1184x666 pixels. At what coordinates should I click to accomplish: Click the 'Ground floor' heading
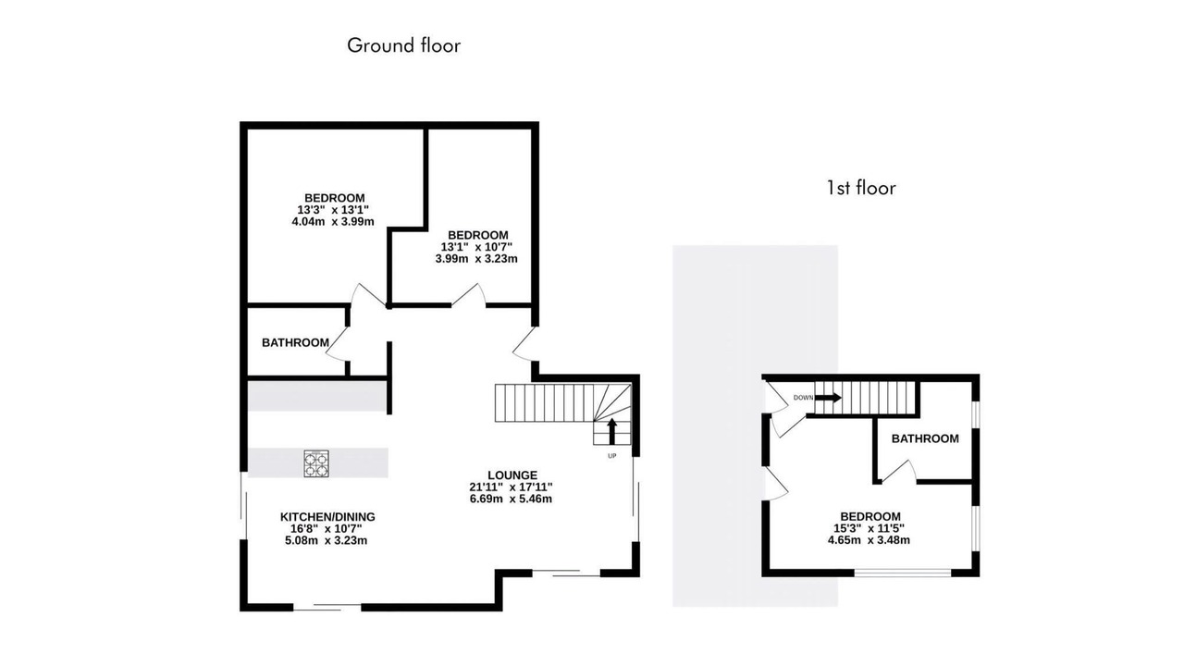click(404, 46)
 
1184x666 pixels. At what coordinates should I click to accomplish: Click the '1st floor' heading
click(861, 188)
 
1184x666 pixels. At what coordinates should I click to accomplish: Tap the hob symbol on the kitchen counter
click(316, 463)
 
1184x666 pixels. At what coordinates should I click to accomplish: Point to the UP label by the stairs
click(612, 456)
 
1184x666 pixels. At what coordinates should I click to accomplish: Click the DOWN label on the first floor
click(803, 398)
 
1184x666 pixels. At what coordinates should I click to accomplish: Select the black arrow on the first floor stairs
click(828, 398)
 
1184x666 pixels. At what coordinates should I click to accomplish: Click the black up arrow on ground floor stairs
click(612, 431)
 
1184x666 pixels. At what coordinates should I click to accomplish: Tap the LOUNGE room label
click(512, 475)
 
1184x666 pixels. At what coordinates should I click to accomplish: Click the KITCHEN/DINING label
click(327, 517)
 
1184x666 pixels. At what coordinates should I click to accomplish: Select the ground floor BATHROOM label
click(295, 342)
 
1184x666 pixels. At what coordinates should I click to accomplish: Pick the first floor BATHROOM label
click(925, 438)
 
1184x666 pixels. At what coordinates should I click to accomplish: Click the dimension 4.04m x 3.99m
click(333, 221)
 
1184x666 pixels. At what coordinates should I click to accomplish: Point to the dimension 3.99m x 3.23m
click(476, 258)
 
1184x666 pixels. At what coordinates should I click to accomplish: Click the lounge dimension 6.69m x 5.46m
click(511, 499)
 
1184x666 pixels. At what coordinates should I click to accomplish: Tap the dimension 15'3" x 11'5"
click(869, 528)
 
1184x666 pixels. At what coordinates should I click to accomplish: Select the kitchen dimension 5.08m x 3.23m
click(326, 540)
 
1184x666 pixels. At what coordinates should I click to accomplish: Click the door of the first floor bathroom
click(899, 472)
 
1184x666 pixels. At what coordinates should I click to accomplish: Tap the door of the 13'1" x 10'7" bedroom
click(468, 295)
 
